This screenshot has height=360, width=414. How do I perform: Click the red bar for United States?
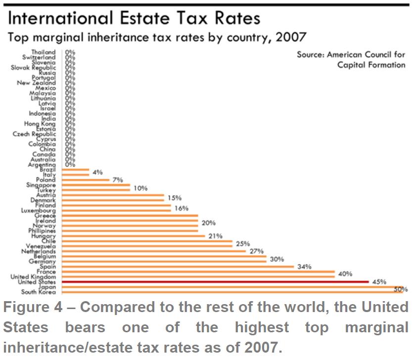tap(215, 282)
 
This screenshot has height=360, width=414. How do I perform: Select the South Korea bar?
tap(232, 292)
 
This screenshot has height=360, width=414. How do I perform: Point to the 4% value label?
tap(97, 172)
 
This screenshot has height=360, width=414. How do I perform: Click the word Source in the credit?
tap(310, 55)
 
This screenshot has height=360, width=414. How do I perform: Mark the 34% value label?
tap(304, 267)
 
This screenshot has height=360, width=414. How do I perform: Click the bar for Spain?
tap(178, 267)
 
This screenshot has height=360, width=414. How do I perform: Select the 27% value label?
tap(257, 251)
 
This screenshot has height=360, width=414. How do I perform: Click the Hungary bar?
tap(134, 236)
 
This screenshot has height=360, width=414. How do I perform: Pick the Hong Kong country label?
tap(40, 124)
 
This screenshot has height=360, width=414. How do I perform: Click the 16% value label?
tap(182, 208)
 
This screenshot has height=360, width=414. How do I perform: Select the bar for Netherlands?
tap(153, 251)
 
